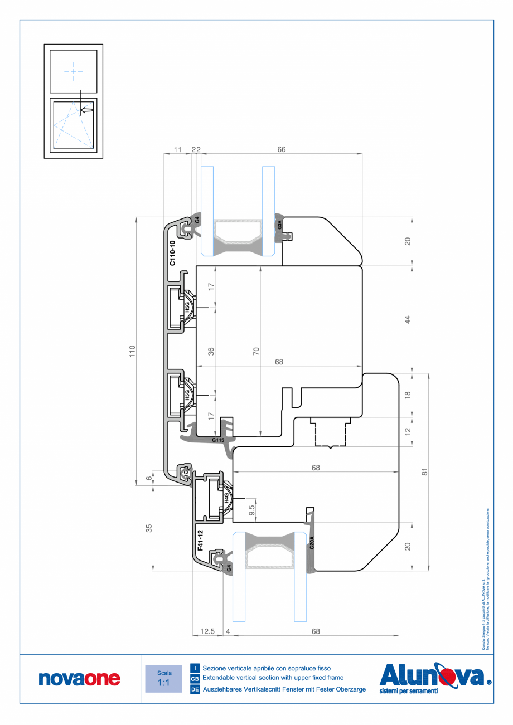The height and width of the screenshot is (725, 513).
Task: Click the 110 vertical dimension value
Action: tap(132, 351)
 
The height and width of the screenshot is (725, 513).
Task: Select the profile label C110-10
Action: tap(172, 253)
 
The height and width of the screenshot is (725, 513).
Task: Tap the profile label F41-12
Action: tap(200, 540)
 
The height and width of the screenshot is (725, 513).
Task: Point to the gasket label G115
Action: tap(218, 440)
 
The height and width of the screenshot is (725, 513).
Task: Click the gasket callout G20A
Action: tap(312, 543)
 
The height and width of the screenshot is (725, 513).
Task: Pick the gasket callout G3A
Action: tap(280, 226)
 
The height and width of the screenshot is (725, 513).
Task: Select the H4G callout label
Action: tap(226, 498)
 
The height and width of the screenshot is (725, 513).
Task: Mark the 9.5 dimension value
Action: tap(251, 510)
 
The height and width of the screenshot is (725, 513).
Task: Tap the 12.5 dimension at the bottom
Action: tap(207, 631)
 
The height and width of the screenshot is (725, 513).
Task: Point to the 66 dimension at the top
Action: tap(282, 149)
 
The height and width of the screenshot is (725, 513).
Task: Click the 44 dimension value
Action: tap(408, 320)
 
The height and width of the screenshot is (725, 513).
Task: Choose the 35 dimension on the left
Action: tap(149, 528)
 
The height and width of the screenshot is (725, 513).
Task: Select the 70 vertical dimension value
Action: tap(256, 352)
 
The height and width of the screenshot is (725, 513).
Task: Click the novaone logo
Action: tap(79, 678)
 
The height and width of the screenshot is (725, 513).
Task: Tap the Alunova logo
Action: tap(435, 677)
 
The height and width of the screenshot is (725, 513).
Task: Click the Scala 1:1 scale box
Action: tap(163, 678)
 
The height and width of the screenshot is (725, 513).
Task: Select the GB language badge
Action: tap(195, 679)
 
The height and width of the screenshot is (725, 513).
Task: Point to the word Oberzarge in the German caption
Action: tap(349, 689)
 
